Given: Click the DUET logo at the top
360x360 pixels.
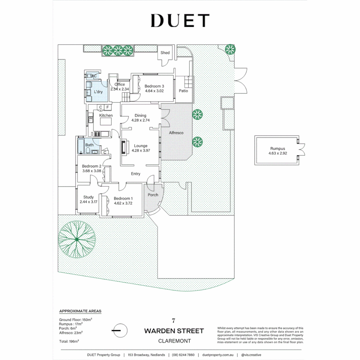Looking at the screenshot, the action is click(x=180, y=21).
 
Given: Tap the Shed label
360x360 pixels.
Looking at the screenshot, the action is click(x=165, y=53).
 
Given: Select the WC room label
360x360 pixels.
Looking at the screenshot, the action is click(x=94, y=76).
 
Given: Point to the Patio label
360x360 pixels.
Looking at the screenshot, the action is click(x=183, y=91).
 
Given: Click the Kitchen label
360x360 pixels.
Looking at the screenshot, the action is click(x=106, y=115).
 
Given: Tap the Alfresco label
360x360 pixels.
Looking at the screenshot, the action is click(x=176, y=133).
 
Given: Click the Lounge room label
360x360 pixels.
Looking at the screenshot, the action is click(x=141, y=146).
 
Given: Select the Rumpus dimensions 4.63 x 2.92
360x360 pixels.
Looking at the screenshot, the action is click(x=278, y=154).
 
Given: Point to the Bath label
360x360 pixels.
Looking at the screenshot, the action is click(x=89, y=145).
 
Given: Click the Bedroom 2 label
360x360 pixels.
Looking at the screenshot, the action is click(x=90, y=166).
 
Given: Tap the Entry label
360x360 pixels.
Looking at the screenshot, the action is click(x=136, y=174).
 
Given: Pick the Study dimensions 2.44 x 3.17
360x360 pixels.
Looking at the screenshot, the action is click(x=88, y=202).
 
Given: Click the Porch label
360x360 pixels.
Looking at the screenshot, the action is click(x=153, y=195).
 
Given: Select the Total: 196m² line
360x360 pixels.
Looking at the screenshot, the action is click(x=69, y=341).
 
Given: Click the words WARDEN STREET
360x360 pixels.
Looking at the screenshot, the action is click(x=174, y=331).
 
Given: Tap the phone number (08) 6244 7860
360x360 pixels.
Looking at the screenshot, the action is click(x=183, y=355).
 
